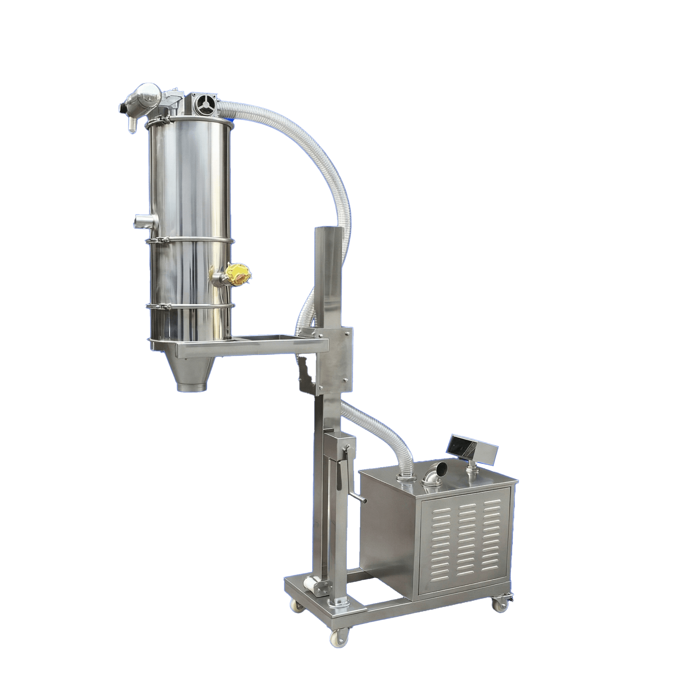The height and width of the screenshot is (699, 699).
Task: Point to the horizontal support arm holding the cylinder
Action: (x=253, y=347)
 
